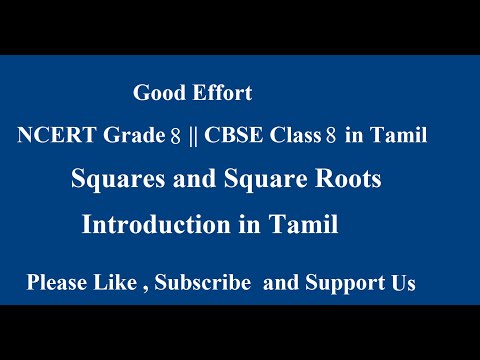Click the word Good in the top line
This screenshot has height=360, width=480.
(157, 95)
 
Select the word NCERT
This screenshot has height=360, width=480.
(49, 137)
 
